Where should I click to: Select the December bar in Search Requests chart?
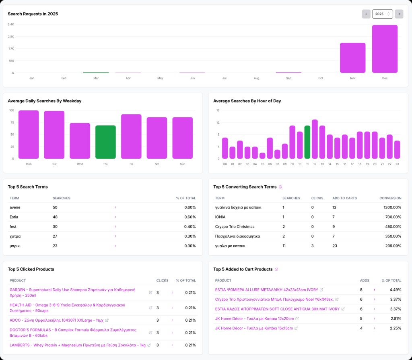click(385, 49)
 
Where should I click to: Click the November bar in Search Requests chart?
click(352, 58)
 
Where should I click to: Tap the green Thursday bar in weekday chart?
click(105, 142)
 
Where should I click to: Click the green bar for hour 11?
click(307, 142)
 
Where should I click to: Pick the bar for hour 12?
click(315, 139)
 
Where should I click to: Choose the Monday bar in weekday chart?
click(29, 134)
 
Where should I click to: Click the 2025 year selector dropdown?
click(382, 14)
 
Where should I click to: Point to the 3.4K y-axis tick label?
click(11, 25)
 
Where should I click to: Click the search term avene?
click(15, 207)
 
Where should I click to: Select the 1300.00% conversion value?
click(390, 207)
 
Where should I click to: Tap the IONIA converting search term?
click(220, 217)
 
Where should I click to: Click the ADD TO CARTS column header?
click(344, 198)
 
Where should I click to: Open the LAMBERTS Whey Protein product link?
click(77, 345)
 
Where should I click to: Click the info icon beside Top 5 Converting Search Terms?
click(280, 187)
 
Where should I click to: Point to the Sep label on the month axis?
click(288, 78)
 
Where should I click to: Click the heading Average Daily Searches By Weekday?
click(45, 101)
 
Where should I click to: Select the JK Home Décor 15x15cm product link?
click(254, 328)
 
